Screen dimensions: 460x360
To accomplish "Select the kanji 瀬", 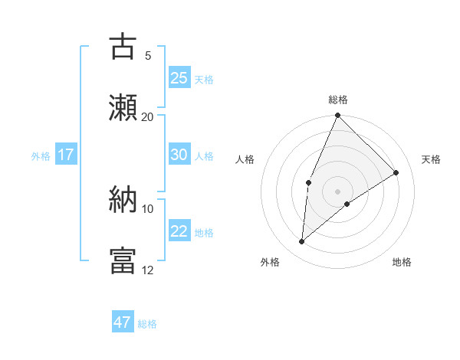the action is coord(123,106).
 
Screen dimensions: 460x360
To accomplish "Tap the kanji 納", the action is coord(123,198).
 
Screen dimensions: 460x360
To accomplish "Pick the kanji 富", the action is coord(123,260).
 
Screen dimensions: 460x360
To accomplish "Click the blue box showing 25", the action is coord(179,78).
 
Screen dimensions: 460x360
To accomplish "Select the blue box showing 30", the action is coord(179,155).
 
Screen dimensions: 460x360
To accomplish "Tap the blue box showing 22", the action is coord(179,231).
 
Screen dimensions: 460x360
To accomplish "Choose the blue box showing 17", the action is coord(66,155).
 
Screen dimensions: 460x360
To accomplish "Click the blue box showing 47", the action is coord(123,322).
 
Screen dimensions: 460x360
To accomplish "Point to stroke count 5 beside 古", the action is coord(148,55).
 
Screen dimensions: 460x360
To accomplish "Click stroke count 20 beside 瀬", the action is coord(148,116).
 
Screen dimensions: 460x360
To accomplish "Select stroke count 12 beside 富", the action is coord(148,270).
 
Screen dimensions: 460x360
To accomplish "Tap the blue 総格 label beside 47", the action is coord(147,324).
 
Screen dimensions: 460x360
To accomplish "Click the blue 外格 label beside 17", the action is coord(41,155).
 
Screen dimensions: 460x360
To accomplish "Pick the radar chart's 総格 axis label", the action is coord(337,100).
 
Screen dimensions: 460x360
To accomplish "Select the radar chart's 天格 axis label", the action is coord(431,159).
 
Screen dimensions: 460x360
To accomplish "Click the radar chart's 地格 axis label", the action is coord(402,262).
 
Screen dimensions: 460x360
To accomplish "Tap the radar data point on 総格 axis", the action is coord(337,116).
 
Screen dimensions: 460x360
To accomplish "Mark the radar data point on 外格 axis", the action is coord(302,242).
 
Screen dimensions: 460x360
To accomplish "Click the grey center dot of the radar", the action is coord(337,191).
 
